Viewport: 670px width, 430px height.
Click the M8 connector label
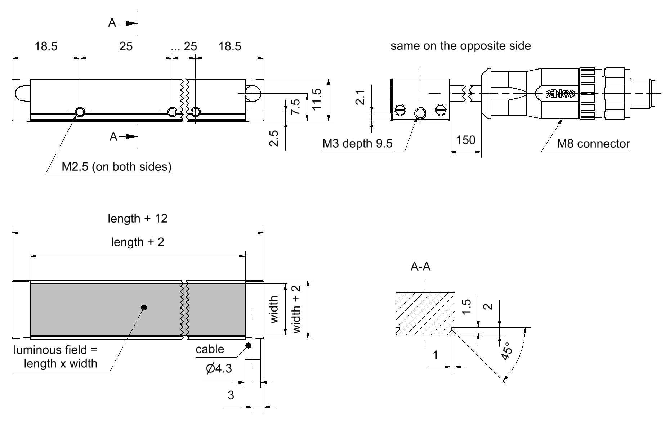(x=593, y=144)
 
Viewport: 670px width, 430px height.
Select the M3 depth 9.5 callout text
(x=357, y=144)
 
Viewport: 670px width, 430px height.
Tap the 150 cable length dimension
(x=465, y=140)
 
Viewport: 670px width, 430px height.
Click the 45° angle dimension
(x=506, y=351)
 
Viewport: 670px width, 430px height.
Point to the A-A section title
(x=420, y=267)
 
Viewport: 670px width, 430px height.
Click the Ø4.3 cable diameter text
(x=219, y=368)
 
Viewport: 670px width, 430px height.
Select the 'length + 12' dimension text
(x=138, y=219)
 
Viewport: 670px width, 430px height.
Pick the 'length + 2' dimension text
(x=138, y=242)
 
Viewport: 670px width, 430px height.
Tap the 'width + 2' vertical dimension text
(x=296, y=309)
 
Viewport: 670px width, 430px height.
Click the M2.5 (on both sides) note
(x=117, y=167)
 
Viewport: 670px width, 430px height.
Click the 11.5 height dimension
(x=317, y=100)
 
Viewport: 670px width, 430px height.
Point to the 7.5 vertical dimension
(x=295, y=107)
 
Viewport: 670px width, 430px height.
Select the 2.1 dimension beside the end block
(x=361, y=97)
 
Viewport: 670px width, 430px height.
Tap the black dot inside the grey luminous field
(x=144, y=308)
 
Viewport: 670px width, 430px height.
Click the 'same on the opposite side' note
(x=460, y=46)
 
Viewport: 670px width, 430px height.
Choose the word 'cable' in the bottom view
(x=210, y=349)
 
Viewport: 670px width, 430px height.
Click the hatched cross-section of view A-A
(x=425, y=313)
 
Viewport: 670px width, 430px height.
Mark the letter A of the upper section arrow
(x=112, y=23)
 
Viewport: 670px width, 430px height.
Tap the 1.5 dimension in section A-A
(x=466, y=307)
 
